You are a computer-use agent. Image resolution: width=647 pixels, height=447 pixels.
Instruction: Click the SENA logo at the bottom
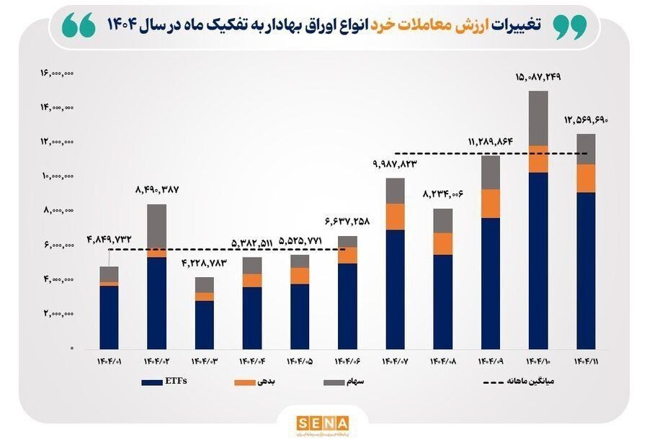click(322, 423)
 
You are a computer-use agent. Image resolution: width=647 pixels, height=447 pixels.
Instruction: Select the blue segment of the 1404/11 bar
click(586, 270)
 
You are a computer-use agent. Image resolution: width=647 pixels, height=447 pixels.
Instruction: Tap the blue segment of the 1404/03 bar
click(205, 325)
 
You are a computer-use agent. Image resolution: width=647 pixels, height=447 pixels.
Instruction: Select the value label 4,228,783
click(204, 263)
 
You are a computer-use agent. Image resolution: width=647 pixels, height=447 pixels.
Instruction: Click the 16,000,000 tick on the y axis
click(58, 73)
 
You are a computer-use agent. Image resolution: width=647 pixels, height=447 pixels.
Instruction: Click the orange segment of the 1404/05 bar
click(300, 276)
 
